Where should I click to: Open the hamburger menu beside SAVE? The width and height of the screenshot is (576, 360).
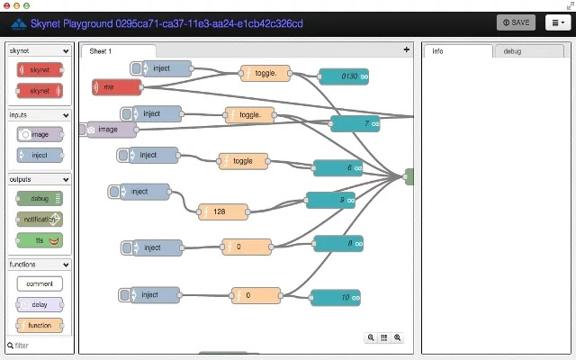(558, 22)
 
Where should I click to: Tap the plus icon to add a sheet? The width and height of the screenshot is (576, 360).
(406, 50)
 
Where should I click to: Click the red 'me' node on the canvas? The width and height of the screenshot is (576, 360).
(117, 86)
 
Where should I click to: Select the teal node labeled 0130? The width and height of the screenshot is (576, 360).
(344, 76)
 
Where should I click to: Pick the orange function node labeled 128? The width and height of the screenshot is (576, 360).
(222, 211)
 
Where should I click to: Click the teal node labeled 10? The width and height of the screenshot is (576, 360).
(336, 298)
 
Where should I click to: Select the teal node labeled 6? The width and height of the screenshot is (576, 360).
(337, 168)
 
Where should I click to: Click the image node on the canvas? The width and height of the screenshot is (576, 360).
(112, 130)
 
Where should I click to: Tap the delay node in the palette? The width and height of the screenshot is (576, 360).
(40, 304)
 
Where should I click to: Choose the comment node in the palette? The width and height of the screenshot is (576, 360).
(40, 283)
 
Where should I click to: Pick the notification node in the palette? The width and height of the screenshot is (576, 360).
(40, 219)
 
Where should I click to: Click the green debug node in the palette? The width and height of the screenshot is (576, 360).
(40, 198)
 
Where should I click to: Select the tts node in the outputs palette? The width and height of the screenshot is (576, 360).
(40, 240)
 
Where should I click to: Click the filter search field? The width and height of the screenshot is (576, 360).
(40, 346)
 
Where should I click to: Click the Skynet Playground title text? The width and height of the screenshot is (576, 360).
(162, 22)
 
